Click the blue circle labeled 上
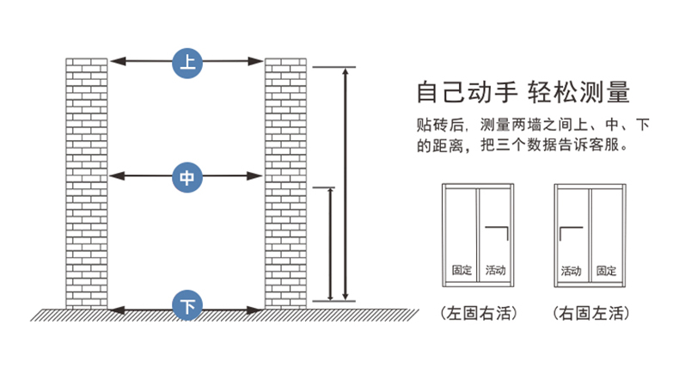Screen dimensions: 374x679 coord(187,61)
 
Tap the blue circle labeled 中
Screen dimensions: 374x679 coord(187,177)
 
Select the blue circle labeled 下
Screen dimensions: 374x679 coord(187,305)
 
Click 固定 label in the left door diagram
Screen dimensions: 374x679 coord(462,270)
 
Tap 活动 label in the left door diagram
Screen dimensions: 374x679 coord(495,270)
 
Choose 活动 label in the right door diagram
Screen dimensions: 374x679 coord(571,270)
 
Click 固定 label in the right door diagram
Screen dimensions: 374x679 coord(606,270)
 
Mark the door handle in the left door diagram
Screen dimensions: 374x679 coord(499,232)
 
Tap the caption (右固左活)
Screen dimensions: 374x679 coord(589,312)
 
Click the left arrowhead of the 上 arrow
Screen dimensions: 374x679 coord(115,61)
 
